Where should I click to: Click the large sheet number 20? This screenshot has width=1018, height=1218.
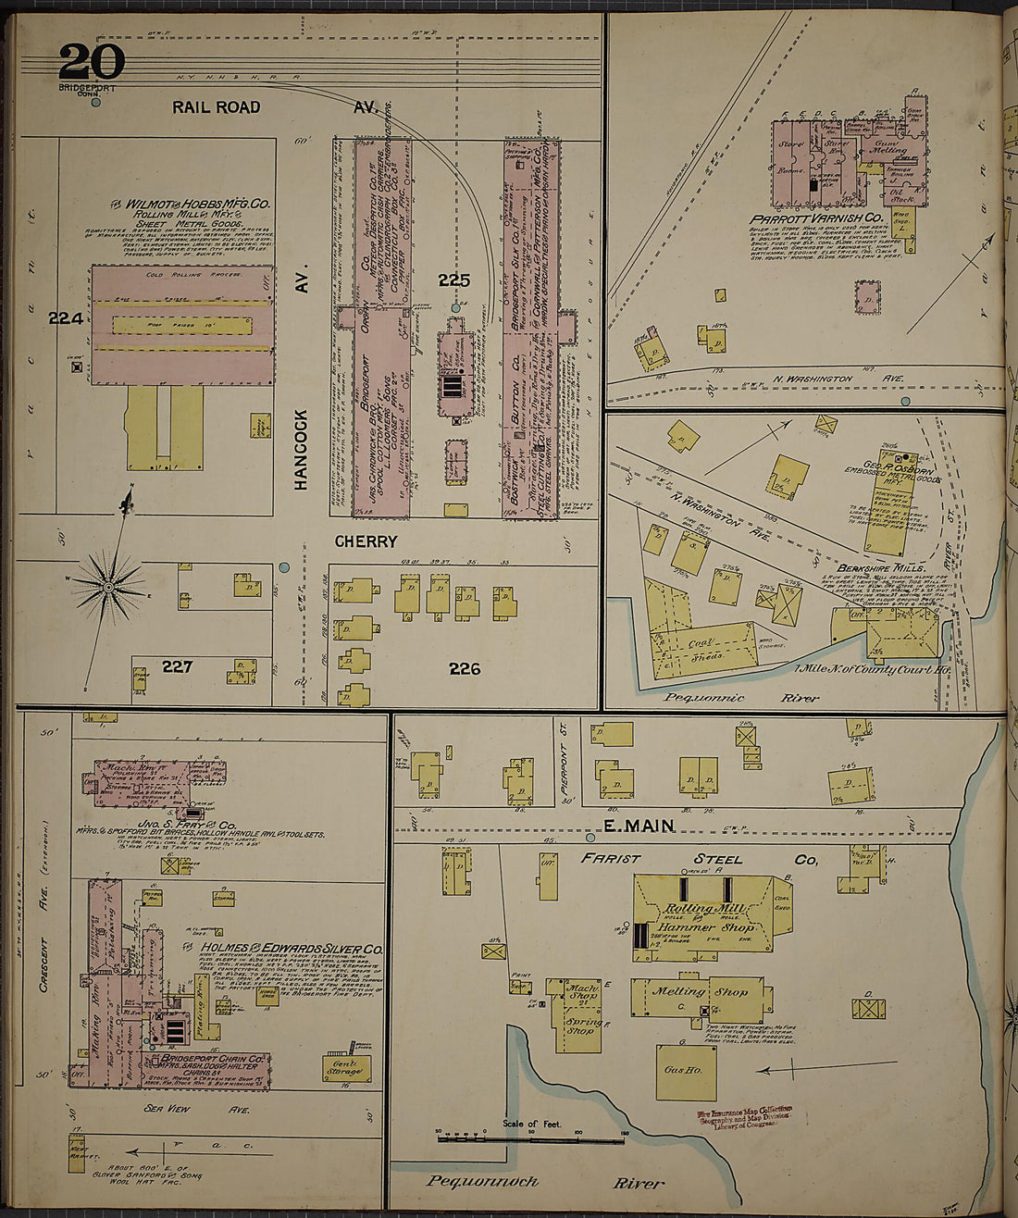point(91,63)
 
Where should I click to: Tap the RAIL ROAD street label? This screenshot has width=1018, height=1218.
point(216,107)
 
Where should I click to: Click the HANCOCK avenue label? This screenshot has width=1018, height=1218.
point(301,449)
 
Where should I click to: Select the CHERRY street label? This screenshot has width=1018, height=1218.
point(366,541)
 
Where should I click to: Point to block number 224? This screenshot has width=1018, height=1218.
point(66,318)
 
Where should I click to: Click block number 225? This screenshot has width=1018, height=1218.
point(454,280)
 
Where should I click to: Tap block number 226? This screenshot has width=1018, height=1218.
point(465,668)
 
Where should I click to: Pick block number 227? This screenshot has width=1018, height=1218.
point(177,666)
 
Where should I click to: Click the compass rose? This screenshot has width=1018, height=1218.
point(108,586)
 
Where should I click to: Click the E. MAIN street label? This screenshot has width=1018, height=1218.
point(639,826)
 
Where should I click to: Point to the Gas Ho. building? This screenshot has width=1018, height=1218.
point(686,1071)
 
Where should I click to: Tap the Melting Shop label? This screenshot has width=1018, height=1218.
point(701,991)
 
